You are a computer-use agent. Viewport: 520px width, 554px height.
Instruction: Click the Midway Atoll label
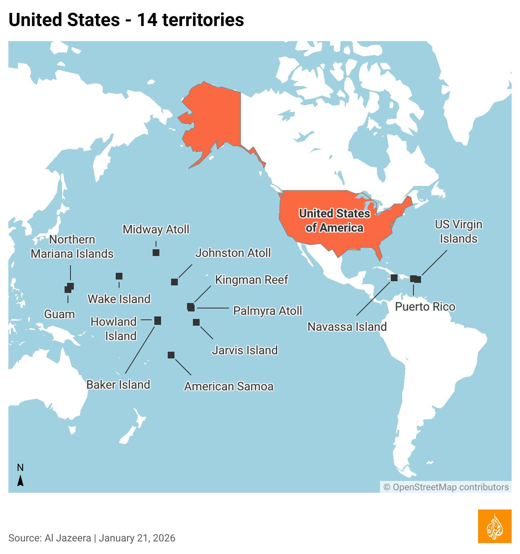click(156, 230)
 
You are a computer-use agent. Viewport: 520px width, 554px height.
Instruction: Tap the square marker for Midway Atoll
click(156, 253)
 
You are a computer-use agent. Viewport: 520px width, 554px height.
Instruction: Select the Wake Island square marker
click(119, 276)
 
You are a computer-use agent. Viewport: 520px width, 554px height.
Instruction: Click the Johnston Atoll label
click(233, 253)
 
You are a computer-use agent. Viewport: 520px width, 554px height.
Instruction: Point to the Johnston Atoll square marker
click(174, 282)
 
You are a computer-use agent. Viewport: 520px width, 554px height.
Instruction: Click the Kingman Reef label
click(252, 280)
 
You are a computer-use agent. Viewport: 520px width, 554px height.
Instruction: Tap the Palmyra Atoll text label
click(268, 311)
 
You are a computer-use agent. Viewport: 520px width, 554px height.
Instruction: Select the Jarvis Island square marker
click(196, 322)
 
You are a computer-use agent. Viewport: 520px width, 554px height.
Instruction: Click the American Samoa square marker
click(171, 355)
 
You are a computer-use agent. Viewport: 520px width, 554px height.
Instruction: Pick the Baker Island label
click(118, 385)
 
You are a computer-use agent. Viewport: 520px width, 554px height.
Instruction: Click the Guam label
click(60, 314)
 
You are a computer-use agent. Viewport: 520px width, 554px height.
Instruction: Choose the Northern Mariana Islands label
click(72, 247)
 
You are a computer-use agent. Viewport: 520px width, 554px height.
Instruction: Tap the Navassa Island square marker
click(394, 278)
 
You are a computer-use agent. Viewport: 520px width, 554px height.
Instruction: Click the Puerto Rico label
click(425, 307)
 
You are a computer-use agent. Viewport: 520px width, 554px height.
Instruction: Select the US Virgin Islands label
click(458, 232)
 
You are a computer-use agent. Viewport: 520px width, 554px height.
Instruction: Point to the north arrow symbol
click(20, 480)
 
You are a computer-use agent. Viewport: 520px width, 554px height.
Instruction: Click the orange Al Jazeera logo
click(494, 526)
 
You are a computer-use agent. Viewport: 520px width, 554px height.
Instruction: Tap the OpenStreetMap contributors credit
click(446, 487)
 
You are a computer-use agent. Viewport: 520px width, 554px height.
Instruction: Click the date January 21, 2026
click(137, 538)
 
